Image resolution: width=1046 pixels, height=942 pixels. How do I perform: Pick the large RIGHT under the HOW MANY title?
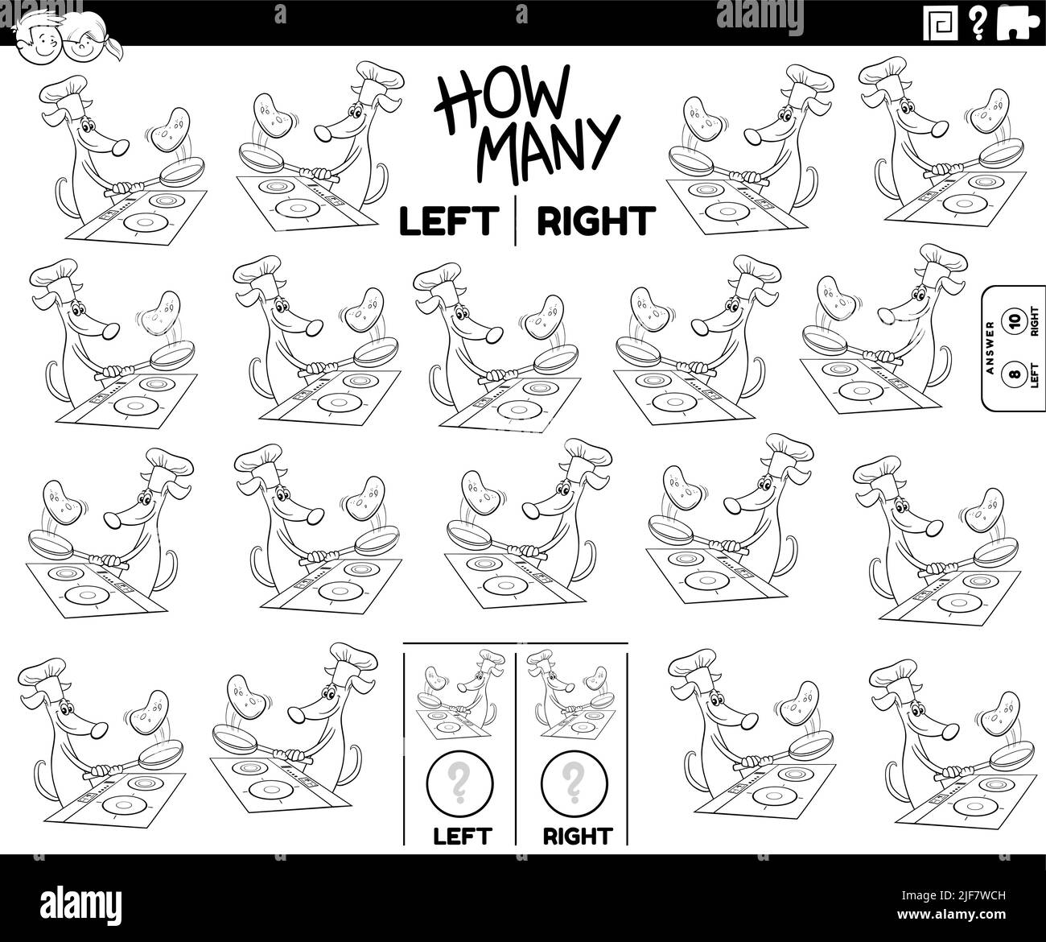[596, 221]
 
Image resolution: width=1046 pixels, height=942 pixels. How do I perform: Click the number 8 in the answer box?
[1014, 372]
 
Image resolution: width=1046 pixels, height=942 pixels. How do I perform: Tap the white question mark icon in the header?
[978, 23]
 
